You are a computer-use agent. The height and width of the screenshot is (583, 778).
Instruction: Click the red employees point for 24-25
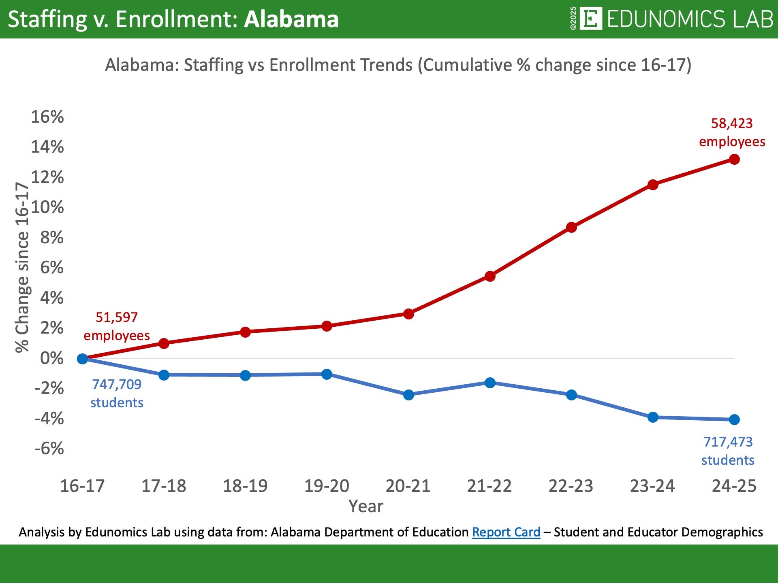(x=734, y=160)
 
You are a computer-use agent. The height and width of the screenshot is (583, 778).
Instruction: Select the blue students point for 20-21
(x=408, y=395)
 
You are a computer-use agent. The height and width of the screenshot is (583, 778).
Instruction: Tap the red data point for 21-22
(x=490, y=277)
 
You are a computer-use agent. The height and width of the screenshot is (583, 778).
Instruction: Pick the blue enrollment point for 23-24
(x=653, y=417)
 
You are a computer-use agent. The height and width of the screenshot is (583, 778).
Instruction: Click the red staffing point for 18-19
(x=245, y=332)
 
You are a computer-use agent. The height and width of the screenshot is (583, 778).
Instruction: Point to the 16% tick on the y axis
(x=47, y=117)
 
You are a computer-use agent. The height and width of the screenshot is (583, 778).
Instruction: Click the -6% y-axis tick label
(x=49, y=449)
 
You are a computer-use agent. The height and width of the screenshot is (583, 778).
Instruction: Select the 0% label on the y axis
(x=51, y=358)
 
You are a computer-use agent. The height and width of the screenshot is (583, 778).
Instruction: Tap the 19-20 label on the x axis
(x=327, y=486)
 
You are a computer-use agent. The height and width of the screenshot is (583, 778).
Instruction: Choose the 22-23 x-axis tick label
(x=571, y=486)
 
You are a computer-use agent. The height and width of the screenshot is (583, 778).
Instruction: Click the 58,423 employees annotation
(x=732, y=132)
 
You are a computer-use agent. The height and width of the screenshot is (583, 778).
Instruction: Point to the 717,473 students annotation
(x=728, y=451)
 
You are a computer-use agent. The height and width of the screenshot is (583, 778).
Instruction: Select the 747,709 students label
(x=117, y=393)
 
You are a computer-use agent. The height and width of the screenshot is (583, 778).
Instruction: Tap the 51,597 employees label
(x=117, y=326)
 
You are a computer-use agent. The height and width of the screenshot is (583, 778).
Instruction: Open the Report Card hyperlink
(x=506, y=532)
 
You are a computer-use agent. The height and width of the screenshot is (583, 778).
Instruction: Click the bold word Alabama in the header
(x=291, y=19)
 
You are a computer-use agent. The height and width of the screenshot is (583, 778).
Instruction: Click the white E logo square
(x=591, y=19)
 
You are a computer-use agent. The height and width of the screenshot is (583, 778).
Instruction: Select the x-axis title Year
(x=365, y=506)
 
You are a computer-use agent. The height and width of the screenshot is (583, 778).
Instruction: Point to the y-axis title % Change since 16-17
(x=22, y=267)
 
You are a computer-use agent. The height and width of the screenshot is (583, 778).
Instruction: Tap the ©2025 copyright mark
(x=573, y=19)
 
